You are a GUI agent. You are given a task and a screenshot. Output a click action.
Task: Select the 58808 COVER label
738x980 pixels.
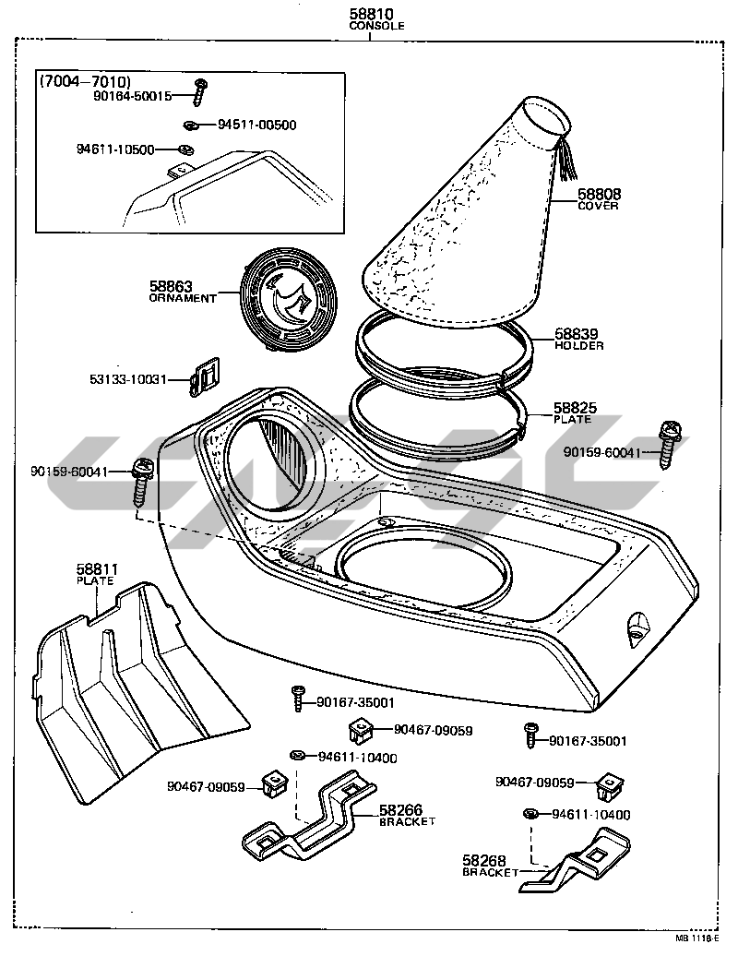click(x=599, y=198)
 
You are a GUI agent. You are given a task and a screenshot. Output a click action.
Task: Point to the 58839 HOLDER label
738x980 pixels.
click(x=579, y=339)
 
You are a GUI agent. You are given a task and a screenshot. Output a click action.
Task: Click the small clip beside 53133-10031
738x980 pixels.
click(x=205, y=376)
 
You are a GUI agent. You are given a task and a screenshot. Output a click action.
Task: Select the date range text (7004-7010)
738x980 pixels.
click(x=85, y=80)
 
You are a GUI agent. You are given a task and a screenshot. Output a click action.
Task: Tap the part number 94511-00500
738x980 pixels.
click(x=256, y=125)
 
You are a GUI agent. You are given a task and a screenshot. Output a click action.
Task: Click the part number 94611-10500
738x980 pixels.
click(x=114, y=149)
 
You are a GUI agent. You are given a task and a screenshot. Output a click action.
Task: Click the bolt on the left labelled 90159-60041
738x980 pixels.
click(x=142, y=480)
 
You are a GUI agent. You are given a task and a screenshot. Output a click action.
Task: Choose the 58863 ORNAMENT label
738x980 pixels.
click(x=182, y=292)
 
